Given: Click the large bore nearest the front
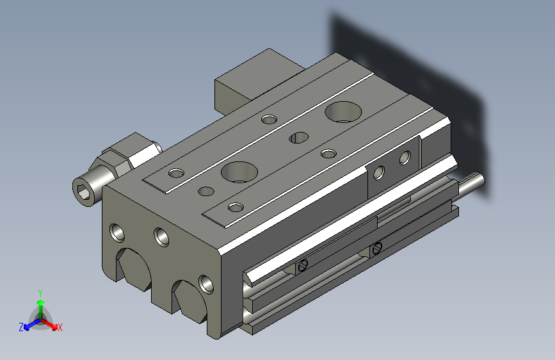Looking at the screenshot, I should (x=238, y=172).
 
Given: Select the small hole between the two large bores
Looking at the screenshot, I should (x=298, y=137).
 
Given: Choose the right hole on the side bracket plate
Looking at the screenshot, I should (x=405, y=157).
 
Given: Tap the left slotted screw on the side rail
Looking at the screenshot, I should (x=303, y=265).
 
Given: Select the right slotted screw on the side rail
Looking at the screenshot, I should (x=377, y=247).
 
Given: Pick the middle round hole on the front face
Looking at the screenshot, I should (x=161, y=236).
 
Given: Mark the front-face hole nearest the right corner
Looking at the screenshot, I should (x=205, y=282).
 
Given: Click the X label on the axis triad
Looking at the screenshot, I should (x=60, y=327).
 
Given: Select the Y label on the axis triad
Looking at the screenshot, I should (x=40, y=293).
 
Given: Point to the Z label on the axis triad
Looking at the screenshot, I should (x=21, y=327).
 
